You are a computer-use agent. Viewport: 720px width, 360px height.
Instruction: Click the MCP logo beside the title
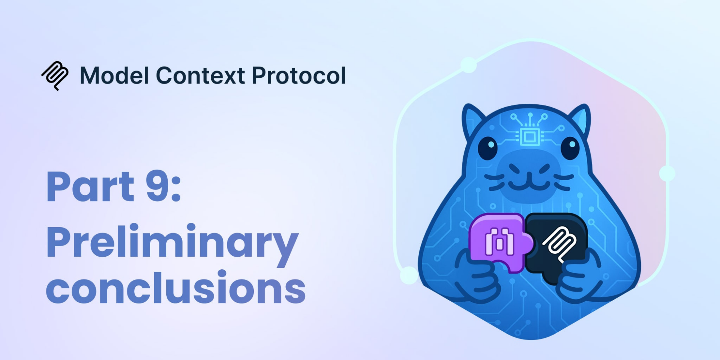55,76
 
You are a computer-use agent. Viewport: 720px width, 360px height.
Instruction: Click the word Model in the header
114,76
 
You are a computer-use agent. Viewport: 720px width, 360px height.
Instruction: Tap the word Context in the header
201,76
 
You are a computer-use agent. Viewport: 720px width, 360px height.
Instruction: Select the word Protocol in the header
299,76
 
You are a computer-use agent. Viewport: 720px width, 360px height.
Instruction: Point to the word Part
90,186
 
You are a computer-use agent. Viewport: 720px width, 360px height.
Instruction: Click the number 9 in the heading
157,186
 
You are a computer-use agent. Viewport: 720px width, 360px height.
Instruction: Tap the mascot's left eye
488,148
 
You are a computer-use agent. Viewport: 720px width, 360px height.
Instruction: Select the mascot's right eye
570,148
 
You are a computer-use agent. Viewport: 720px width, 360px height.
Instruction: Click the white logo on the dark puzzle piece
559,244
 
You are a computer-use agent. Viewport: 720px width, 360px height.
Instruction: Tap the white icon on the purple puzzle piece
499,242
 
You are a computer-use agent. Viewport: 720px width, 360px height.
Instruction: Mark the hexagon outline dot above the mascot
469,65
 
